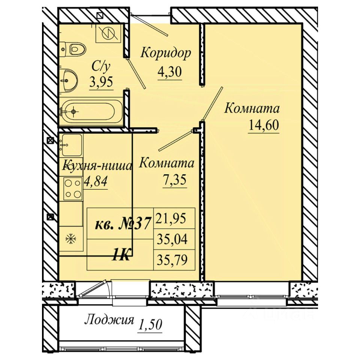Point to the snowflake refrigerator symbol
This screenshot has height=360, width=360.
[x=71, y=239]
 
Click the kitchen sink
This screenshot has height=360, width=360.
[x=72, y=145]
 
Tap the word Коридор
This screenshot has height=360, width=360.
[x=165, y=53]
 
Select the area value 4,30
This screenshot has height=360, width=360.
[x=169, y=72]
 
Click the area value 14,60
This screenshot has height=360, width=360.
[x=264, y=125]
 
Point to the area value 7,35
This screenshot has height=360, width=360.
[x=174, y=180]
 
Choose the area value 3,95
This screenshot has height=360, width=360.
[x=101, y=82]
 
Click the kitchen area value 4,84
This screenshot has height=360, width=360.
[x=96, y=182]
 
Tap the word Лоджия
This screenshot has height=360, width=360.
[x=109, y=320]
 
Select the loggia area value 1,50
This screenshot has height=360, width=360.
[x=150, y=324]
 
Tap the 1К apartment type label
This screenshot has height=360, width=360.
[x=121, y=255]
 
